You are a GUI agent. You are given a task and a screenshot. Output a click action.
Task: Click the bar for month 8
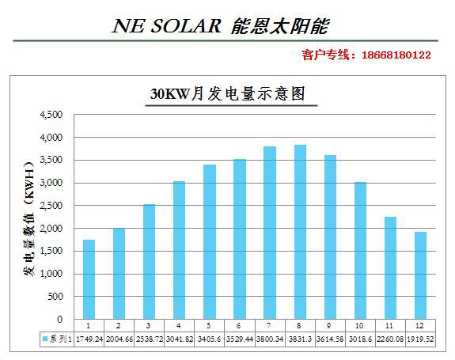[300, 232]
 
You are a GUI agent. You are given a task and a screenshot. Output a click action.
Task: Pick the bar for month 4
[179, 250]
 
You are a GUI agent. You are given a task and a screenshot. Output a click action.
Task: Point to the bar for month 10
[360, 251]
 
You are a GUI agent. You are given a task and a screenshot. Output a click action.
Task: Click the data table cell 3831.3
[300, 338]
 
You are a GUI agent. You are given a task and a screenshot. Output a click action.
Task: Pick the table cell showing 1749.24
[89, 338]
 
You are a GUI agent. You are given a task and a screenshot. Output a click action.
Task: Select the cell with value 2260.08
[390, 338]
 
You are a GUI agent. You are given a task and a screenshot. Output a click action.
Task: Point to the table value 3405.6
[210, 338]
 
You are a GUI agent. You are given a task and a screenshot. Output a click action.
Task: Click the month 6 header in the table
[240, 325]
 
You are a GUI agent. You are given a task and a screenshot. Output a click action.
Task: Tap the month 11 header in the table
[390, 325]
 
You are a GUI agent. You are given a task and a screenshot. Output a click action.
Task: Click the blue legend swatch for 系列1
[45, 338]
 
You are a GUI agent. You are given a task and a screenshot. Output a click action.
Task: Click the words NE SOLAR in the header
[166, 25]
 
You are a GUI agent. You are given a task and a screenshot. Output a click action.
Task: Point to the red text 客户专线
[328, 55]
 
